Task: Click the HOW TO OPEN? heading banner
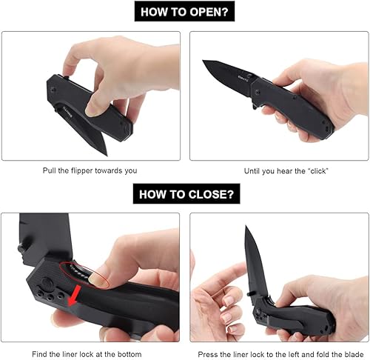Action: pos(185,12)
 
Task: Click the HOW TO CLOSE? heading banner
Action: pos(185,195)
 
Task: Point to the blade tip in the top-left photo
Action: pos(105,153)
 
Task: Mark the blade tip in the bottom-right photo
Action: pos(246,229)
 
